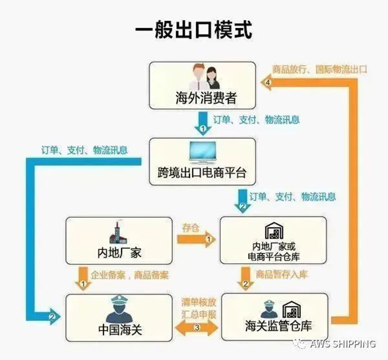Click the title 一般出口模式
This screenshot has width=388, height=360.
(x=194, y=31)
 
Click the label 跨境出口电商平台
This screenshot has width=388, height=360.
(x=202, y=173)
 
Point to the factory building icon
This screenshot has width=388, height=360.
(x=118, y=232)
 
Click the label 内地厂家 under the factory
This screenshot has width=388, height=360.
(x=119, y=253)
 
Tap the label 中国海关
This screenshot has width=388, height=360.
(x=120, y=330)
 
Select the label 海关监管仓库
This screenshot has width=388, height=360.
(x=278, y=326)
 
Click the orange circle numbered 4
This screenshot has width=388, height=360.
(x=268, y=82)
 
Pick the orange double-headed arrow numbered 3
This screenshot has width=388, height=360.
(x=197, y=327)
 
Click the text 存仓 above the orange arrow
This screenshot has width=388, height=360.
(x=191, y=228)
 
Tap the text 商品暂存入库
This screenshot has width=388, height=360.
(x=282, y=274)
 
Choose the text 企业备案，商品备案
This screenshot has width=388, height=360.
(x=129, y=275)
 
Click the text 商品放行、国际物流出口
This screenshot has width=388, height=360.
(x=320, y=69)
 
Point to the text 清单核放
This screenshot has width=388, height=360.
(x=199, y=302)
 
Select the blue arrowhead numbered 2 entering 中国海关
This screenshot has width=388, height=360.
(x=53, y=316)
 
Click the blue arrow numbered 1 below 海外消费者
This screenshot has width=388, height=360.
(x=203, y=123)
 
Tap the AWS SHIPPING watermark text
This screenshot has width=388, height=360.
(x=342, y=344)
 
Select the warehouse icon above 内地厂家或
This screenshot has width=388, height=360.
(x=274, y=231)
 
